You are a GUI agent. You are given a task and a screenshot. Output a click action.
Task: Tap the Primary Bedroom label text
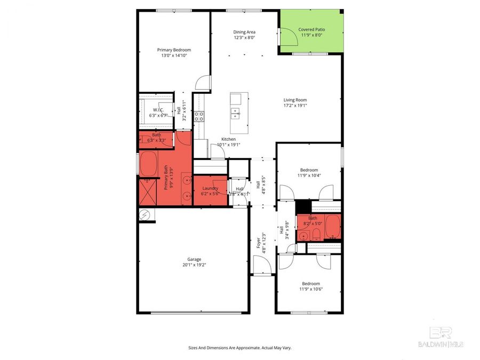click(x=174, y=50)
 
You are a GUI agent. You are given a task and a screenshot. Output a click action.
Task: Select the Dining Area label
click(x=244, y=32)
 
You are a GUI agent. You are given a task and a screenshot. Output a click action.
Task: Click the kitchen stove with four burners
click(x=199, y=116)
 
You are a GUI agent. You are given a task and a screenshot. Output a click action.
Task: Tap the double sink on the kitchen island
click(x=235, y=113)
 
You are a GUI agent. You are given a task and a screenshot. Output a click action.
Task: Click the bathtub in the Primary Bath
click(x=149, y=163)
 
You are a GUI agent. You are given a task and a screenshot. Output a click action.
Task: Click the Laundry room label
click(x=210, y=188)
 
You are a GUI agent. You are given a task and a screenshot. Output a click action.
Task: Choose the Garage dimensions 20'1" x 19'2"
click(x=194, y=265)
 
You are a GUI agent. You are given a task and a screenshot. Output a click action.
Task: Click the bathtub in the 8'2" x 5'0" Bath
click(x=332, y=228)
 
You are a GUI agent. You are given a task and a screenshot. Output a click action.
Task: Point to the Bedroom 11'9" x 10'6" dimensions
click(x=310, y=289)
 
